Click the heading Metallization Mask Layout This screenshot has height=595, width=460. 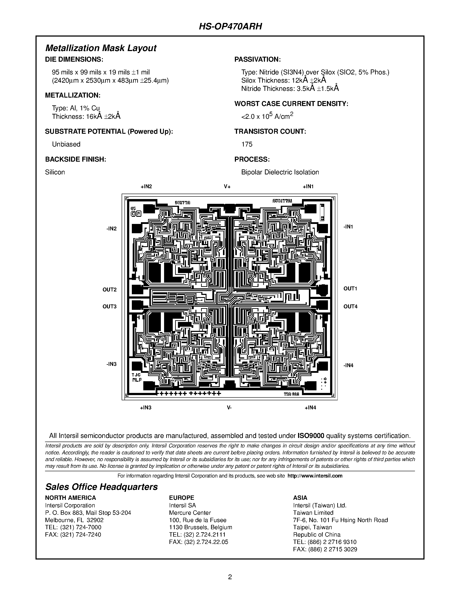101,48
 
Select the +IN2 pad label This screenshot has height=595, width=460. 146,187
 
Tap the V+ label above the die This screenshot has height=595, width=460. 227,187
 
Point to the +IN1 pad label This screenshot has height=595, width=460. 308,187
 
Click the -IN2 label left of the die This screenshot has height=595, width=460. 111,228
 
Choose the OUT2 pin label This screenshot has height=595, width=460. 110,289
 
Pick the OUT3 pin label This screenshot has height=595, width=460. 110,307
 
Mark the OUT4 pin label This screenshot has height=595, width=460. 350,307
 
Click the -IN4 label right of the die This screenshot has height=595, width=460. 348,365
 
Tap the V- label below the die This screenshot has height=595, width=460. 229,408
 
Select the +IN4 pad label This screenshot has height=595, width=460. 310,408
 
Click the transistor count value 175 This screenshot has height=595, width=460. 247,144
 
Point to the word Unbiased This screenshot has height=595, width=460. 66,144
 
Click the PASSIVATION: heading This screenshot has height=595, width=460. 258,59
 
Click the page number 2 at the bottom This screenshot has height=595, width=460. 230,577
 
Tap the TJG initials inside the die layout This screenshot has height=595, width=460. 136,375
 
